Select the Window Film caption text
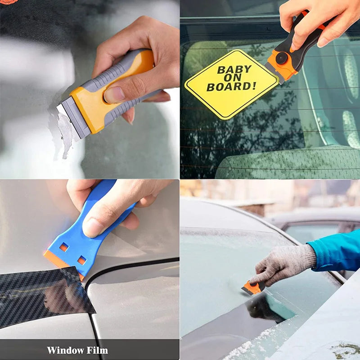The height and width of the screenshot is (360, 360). click(x=77, y=350)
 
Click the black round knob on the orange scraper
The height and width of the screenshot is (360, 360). click(x=282, y=58)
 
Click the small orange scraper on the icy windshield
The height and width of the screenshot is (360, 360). click(x=253, y=288)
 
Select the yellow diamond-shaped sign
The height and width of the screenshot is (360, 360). click(x=232, y=84)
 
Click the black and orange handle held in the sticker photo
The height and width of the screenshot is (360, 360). click(x=306, y=36)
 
